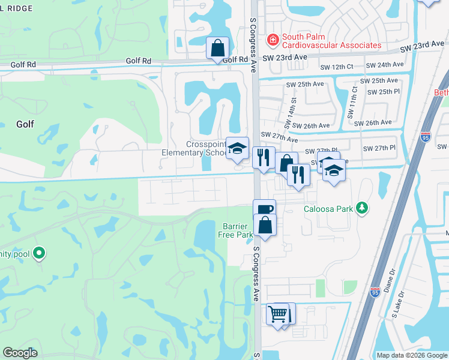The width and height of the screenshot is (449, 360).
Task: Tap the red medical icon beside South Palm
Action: coord(273,39)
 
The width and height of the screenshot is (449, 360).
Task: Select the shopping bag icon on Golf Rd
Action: coord(217,48)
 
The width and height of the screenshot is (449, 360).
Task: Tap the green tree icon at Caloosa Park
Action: coord(361,208)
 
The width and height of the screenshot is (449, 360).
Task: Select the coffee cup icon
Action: coord(264,209)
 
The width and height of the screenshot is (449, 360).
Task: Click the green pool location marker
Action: coord(39,254)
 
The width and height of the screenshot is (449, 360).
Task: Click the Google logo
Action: coord(20,353)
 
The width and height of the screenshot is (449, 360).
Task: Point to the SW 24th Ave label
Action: coord(385,65)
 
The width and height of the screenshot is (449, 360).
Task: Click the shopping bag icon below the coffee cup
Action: coord(264,225)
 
